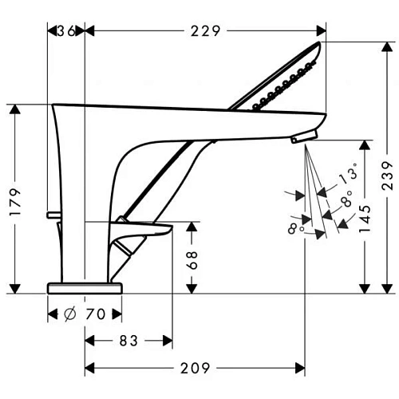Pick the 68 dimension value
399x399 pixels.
[192, 259]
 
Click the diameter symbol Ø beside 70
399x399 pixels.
[70, 314]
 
